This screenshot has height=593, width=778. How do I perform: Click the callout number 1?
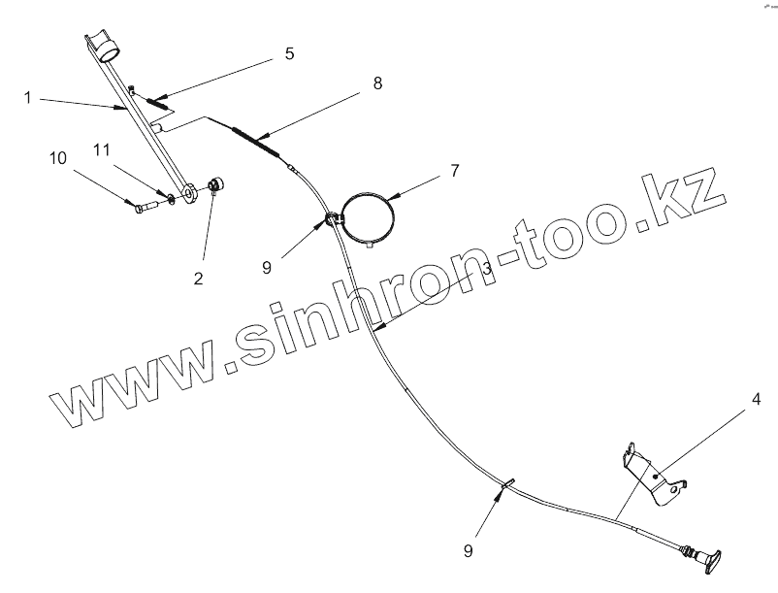(x=29, y=98)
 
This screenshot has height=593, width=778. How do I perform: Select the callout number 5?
(x=289, y=53)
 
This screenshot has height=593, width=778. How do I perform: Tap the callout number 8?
(x=377, y=83)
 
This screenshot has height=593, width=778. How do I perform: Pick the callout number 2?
(x=198, y=279)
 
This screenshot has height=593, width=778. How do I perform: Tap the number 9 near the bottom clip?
(x=468, y=550)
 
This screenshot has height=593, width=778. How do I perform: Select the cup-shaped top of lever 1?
(x=105, y=45)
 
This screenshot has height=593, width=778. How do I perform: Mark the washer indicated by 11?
(x=169, y=200)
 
